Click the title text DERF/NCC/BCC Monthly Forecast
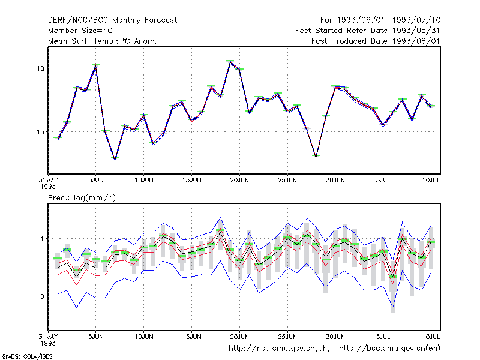(x=112, y=20)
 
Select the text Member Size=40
(x=80, y=31)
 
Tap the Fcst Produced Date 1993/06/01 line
(x=376, y=41)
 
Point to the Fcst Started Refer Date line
(x=368, y=31)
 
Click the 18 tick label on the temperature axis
(x=40, y=68)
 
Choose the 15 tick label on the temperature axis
(x=40, y=132)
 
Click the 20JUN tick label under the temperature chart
(x=239, y=181)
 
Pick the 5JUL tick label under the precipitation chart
(x=383, y=337)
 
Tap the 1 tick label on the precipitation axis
(x=42, y=238)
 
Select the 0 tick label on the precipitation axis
(x=42, y=296)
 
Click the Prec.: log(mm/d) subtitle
(x=82, y=198)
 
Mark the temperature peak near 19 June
(x=230, y=62)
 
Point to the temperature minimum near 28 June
(x=316, y=157)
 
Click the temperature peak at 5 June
(x=96, y=66)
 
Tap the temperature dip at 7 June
(x=115, y=159)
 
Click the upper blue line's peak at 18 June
(x=220, y=217)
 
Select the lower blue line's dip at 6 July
(x=392, y=307)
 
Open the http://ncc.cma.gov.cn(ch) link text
(x=279, y=349)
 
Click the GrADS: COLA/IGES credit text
(x=27, y=356)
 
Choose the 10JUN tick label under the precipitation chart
(x=144, y=337)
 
